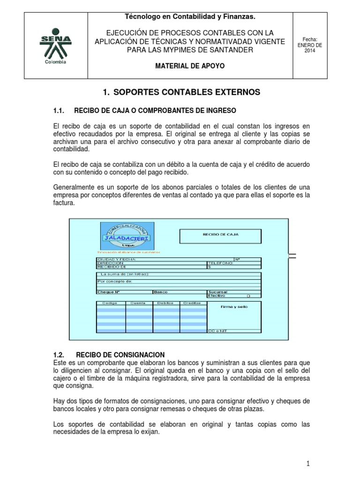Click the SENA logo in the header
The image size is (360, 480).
point(55,45)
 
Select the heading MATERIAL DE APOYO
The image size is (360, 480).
point(190,66)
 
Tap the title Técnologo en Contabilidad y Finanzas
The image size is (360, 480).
point(190,17)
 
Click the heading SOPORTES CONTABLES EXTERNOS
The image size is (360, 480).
point(180,92)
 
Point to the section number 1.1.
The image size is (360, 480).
point(59,111)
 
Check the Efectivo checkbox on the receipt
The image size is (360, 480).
point(248,296)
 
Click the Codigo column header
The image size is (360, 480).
point(111,303)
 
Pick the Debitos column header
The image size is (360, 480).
point(166,303)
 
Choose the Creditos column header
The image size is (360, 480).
point(192,303)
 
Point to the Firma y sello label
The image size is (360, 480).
point(234,307)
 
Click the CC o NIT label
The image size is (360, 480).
point(217,331)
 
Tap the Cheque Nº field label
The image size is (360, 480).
point(109,292)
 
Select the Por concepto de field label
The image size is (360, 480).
point(115,281)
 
